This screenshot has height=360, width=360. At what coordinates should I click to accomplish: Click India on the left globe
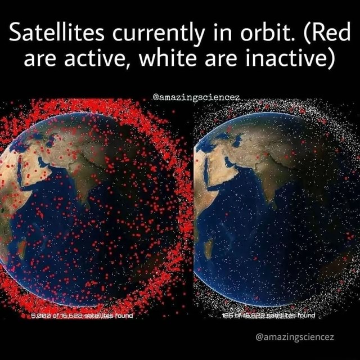point(82,174)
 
